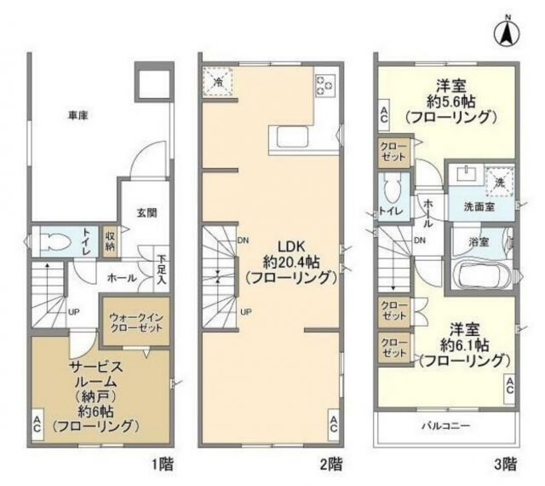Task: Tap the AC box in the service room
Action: [x=38, y=424]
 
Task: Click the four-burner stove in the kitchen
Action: [x=325, y=85]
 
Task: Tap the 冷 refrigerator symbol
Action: [x=216, y=81]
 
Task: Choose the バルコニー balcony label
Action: [x=445, y=425]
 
